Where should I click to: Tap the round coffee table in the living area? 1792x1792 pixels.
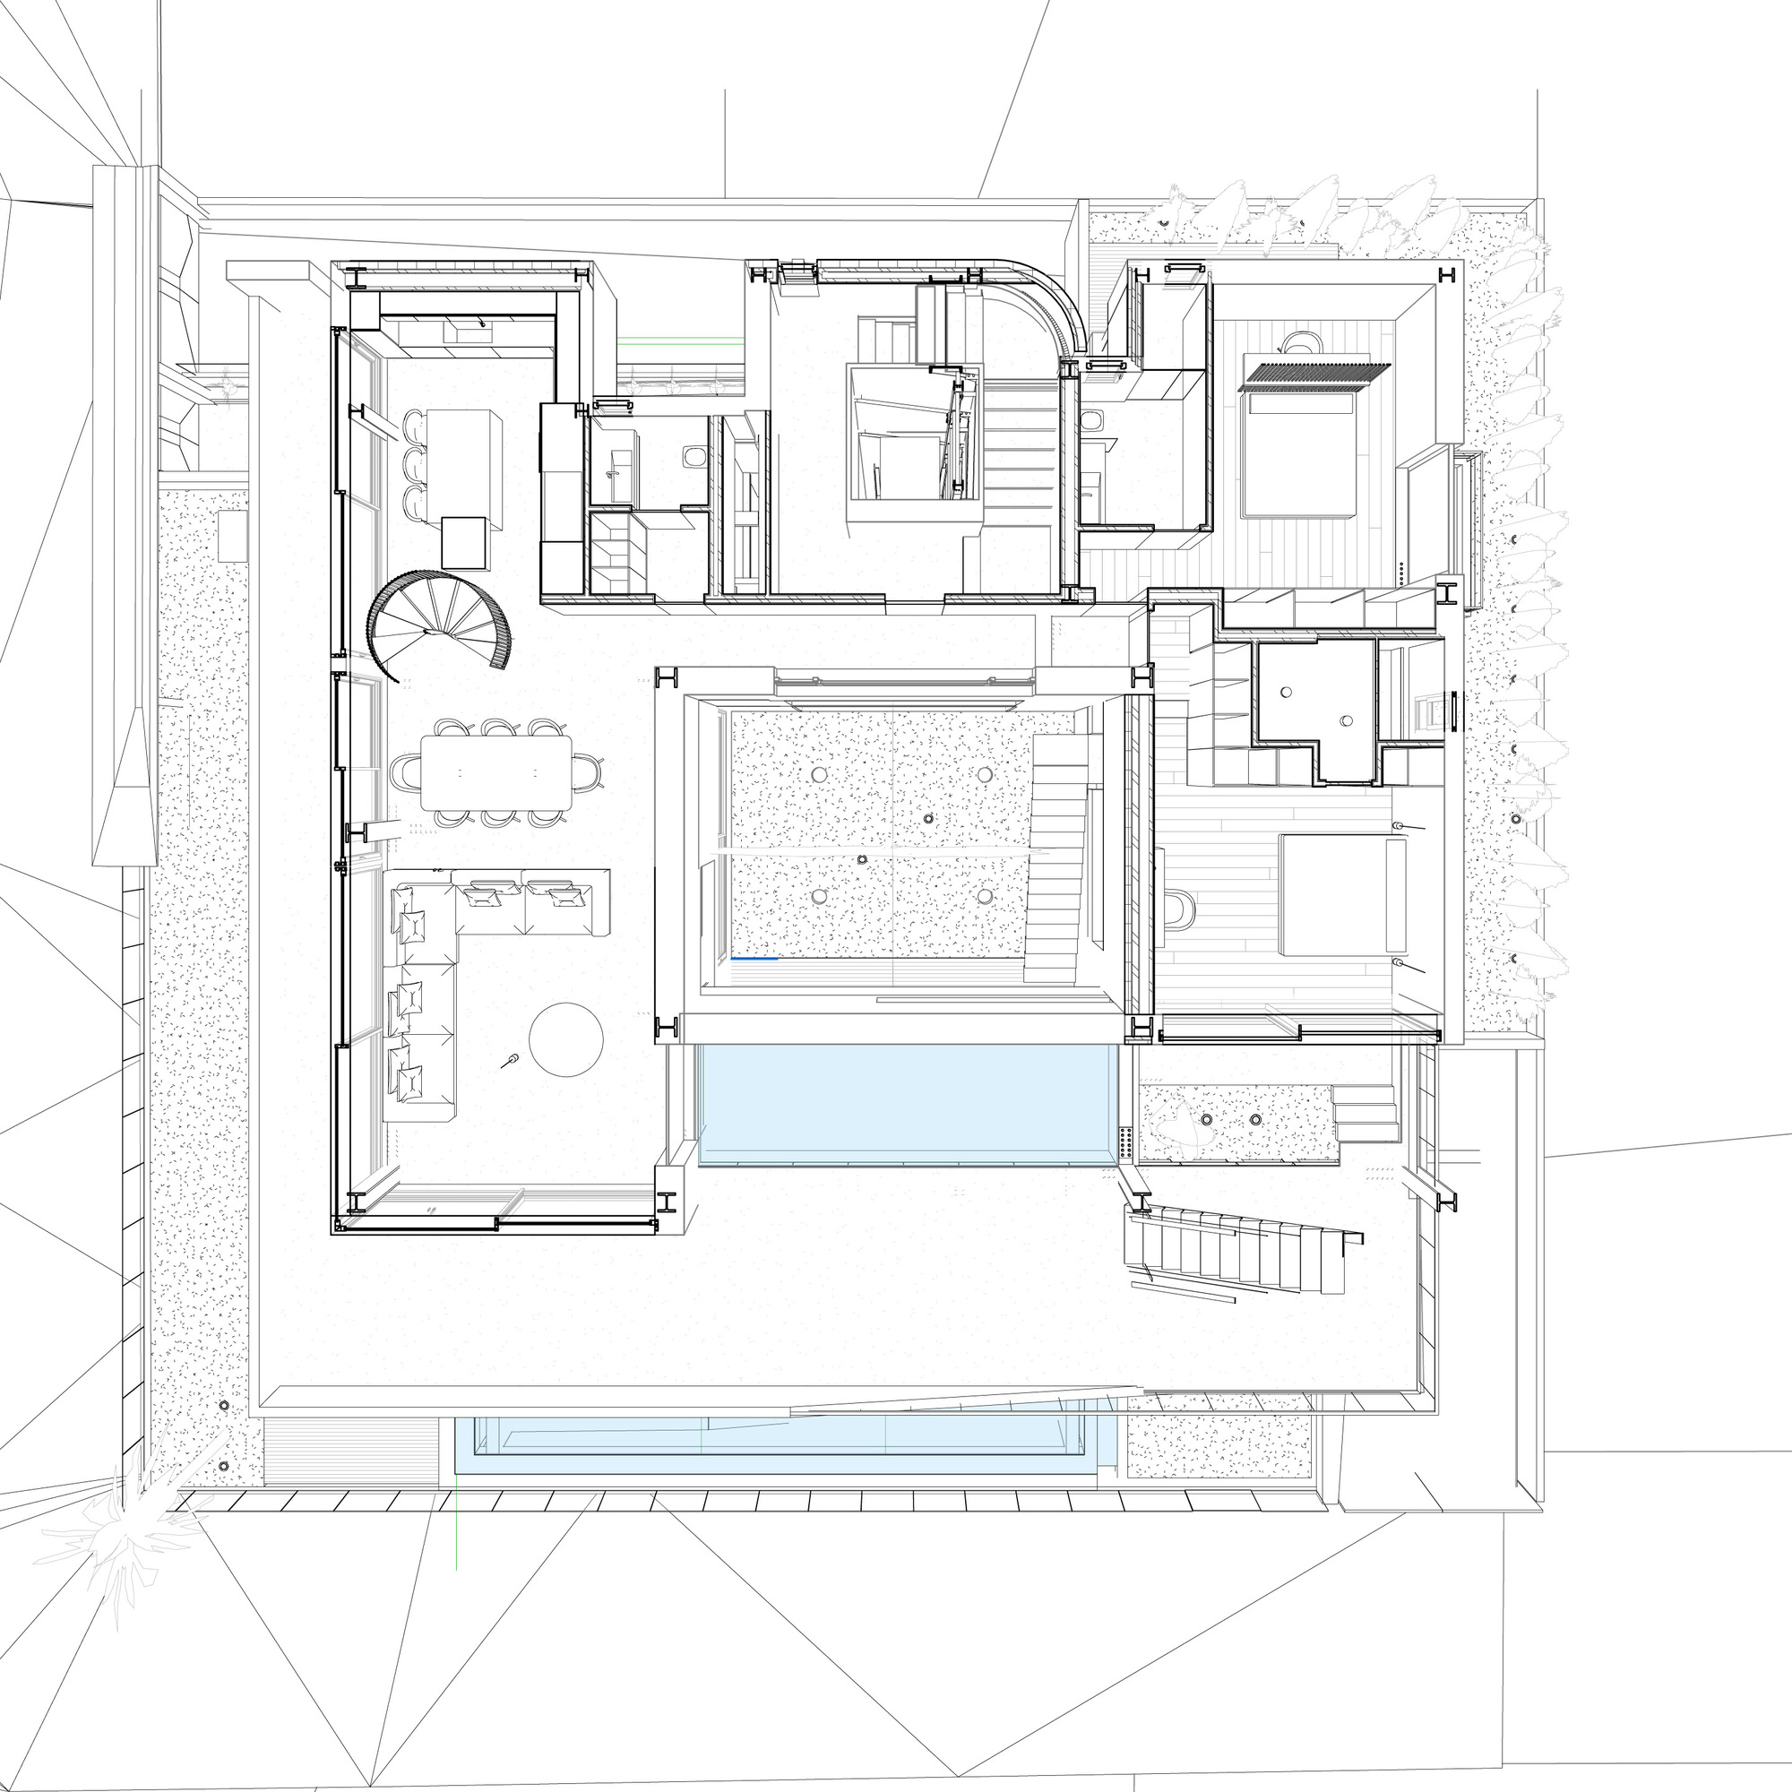tap(565, 1038)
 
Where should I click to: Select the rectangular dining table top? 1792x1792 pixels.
tap(496, 771)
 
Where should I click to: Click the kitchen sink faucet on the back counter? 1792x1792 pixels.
tap(482, 323)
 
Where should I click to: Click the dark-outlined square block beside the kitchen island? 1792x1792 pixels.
tap(464, 543)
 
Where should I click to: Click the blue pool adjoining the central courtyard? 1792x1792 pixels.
tap(906, 1104)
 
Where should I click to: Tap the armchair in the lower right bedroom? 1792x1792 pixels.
tap(1176, 909)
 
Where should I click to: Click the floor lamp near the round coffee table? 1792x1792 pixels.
tap(510, 1060)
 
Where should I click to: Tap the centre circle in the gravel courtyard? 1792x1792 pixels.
tap(928, 819)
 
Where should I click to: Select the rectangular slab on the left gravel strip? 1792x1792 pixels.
tap(233, 535)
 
